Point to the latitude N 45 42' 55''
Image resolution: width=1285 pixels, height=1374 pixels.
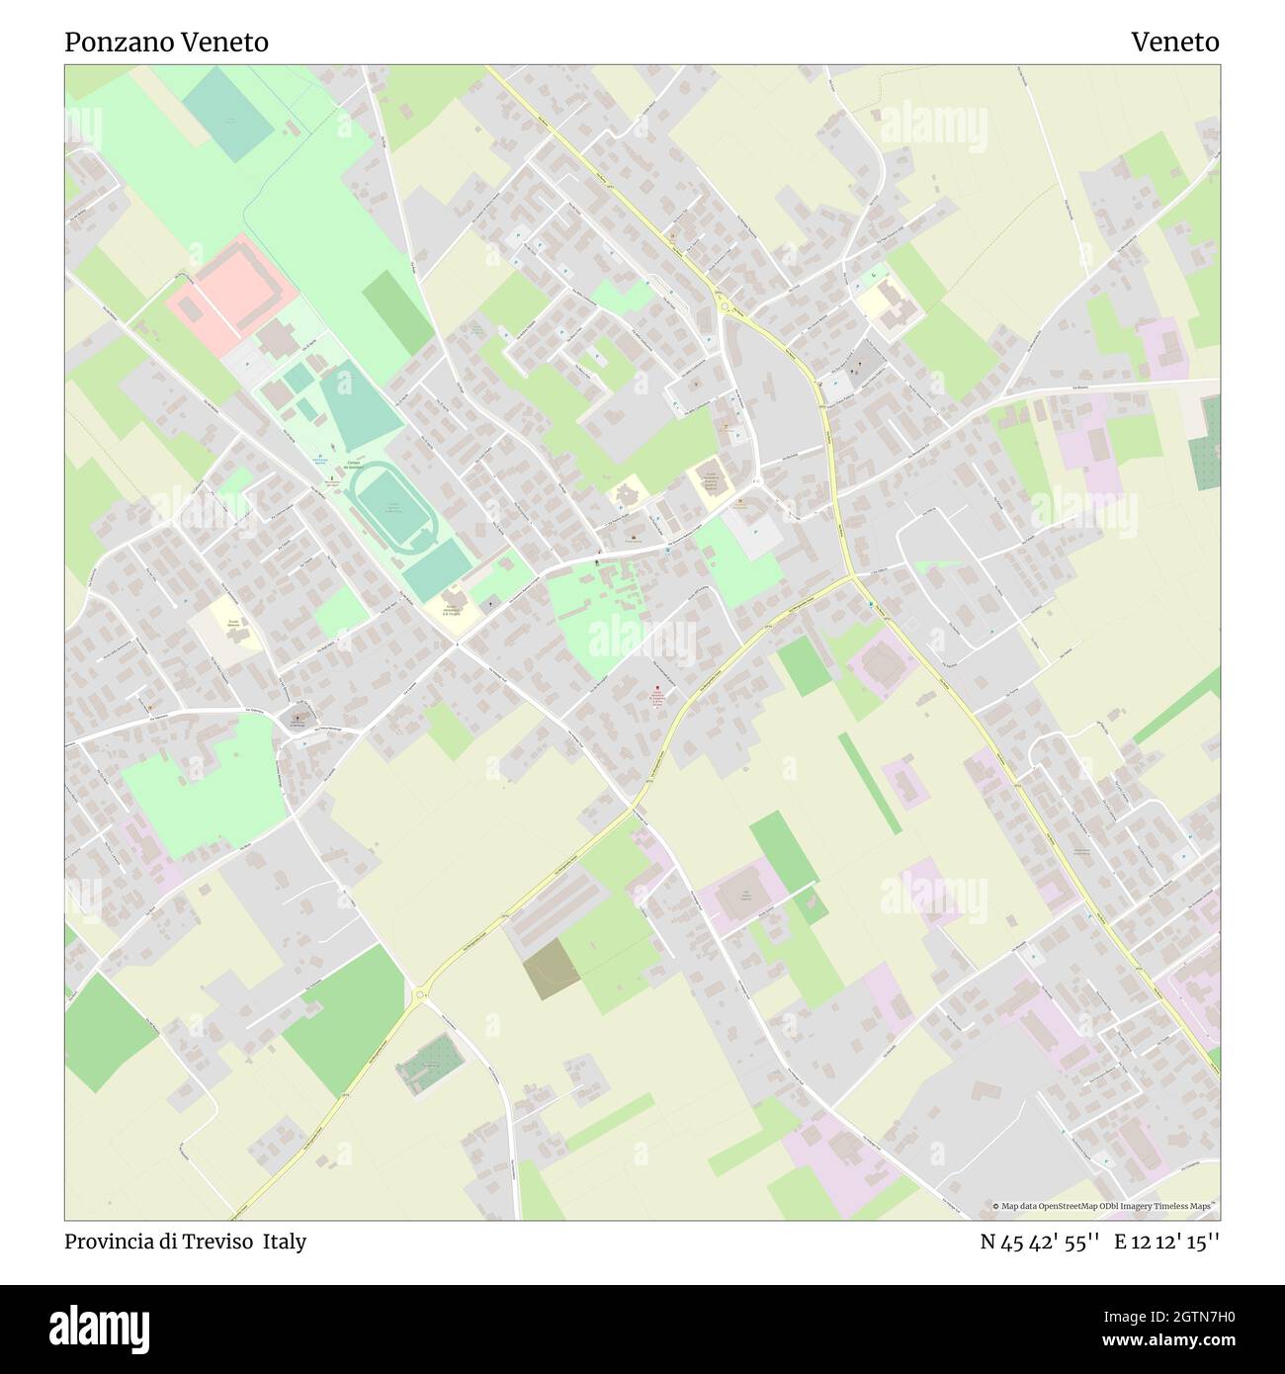1040,1242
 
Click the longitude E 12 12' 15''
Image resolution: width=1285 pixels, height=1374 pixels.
1167,1242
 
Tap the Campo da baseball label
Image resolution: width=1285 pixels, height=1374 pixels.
353,465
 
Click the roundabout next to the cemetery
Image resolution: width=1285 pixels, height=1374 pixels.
421,994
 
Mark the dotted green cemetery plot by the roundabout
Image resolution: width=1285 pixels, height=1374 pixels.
431,1064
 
